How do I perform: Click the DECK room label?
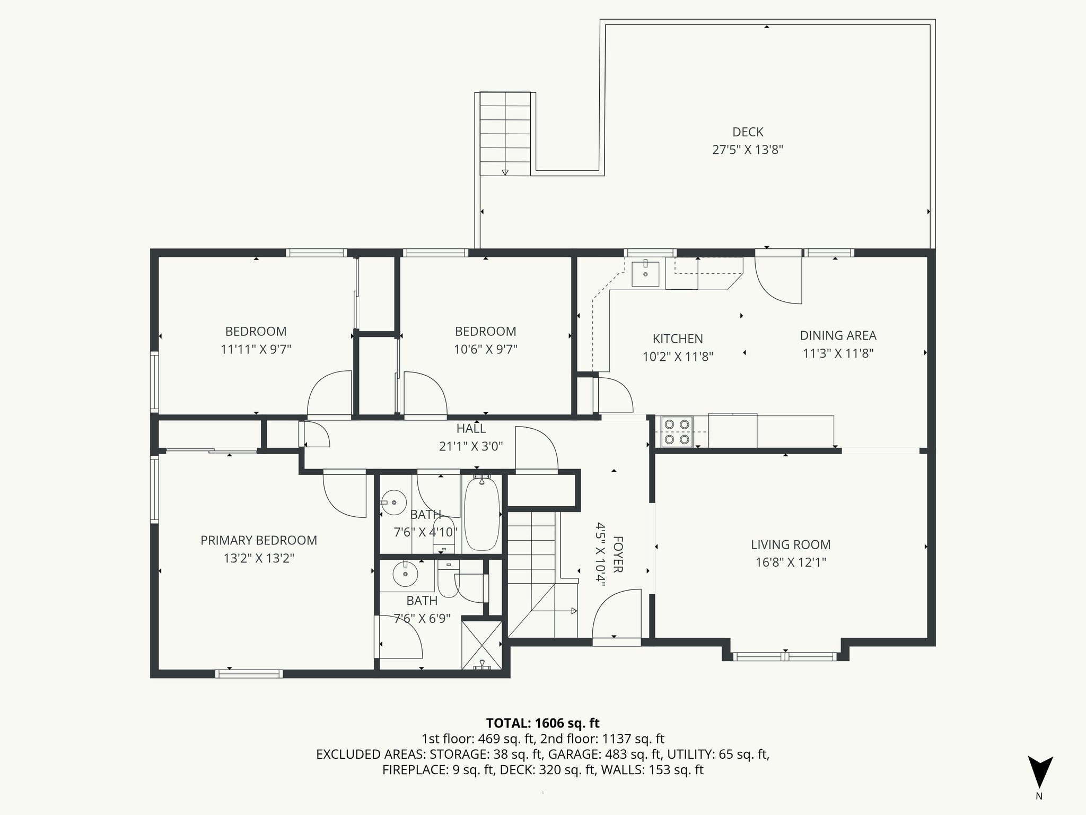[x=748, y=132]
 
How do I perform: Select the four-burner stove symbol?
[x=677, y=432]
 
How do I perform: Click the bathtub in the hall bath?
[x=481, y=514]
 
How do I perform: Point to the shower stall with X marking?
[x=481, y=644]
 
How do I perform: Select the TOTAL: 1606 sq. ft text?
[x=542, y=723]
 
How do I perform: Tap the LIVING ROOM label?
[x=790, y=544]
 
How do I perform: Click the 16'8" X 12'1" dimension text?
[x=790, y=562]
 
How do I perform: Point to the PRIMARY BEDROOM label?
[x=259, y=540]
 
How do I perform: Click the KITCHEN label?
[x=677, y=339]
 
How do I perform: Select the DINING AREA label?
[x=837, y=335]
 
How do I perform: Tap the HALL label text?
[x=471, y=428]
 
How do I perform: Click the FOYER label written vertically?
[x=618, y=554]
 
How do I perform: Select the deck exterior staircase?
[x=505, y=134]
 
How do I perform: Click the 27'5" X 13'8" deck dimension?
[x=748, y=150]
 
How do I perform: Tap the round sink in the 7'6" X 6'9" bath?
[x=406, y=574]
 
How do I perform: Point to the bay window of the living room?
[x=785, y=656]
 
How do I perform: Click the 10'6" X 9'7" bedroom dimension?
[x=485, y=349]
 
